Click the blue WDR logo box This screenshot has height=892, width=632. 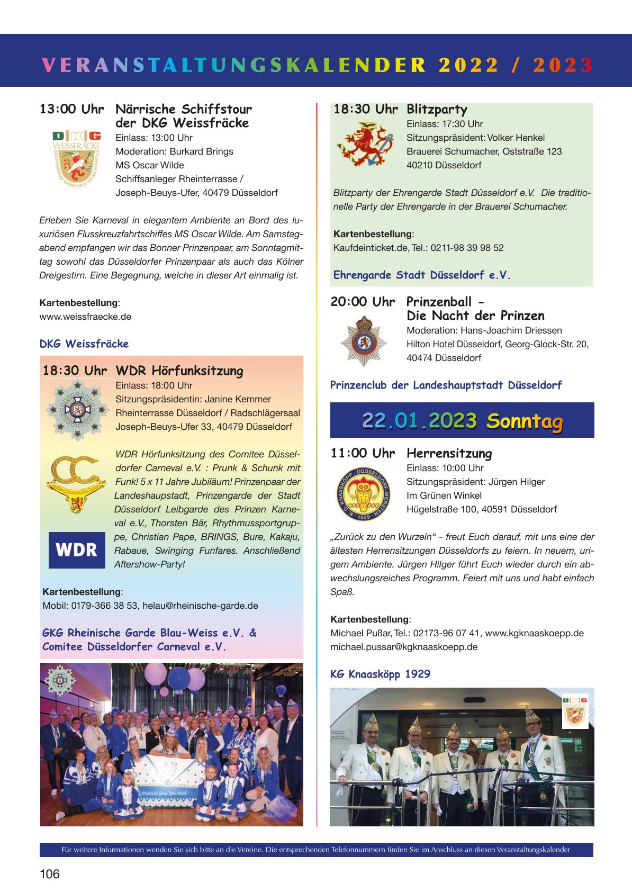(x=77, y=550)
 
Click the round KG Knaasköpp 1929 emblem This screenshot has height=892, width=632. (x=364, y=494)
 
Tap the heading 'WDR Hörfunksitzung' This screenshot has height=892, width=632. (x=179, y=371)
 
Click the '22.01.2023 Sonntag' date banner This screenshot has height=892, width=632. (x=462, y=420)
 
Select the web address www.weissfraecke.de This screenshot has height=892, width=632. (x=85, y=317)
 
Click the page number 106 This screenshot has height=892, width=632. (x=50, y=874)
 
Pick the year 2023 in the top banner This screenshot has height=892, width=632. (x=563, y=65)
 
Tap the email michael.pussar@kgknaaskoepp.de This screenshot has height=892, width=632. (x=404, y=647)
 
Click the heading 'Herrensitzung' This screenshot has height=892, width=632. (x=449, y=453)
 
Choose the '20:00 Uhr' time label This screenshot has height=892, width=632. (x=363, y=302)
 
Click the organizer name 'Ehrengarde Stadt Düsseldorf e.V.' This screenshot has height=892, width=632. (x=422, y=275)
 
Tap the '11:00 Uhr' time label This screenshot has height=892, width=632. (x=363, y=453)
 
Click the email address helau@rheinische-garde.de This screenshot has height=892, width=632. (x=200, y=606)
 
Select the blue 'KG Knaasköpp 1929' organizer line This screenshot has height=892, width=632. (x=380, y=674)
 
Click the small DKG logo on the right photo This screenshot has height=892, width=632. (x=575, y=711)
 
